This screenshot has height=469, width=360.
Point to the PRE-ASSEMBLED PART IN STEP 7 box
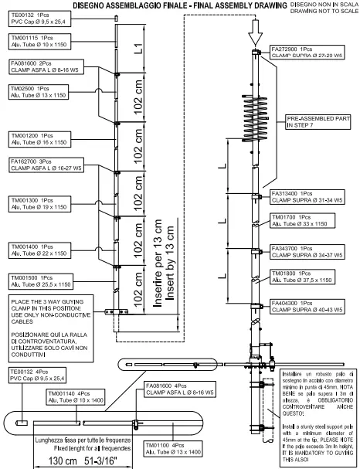(314, 122)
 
